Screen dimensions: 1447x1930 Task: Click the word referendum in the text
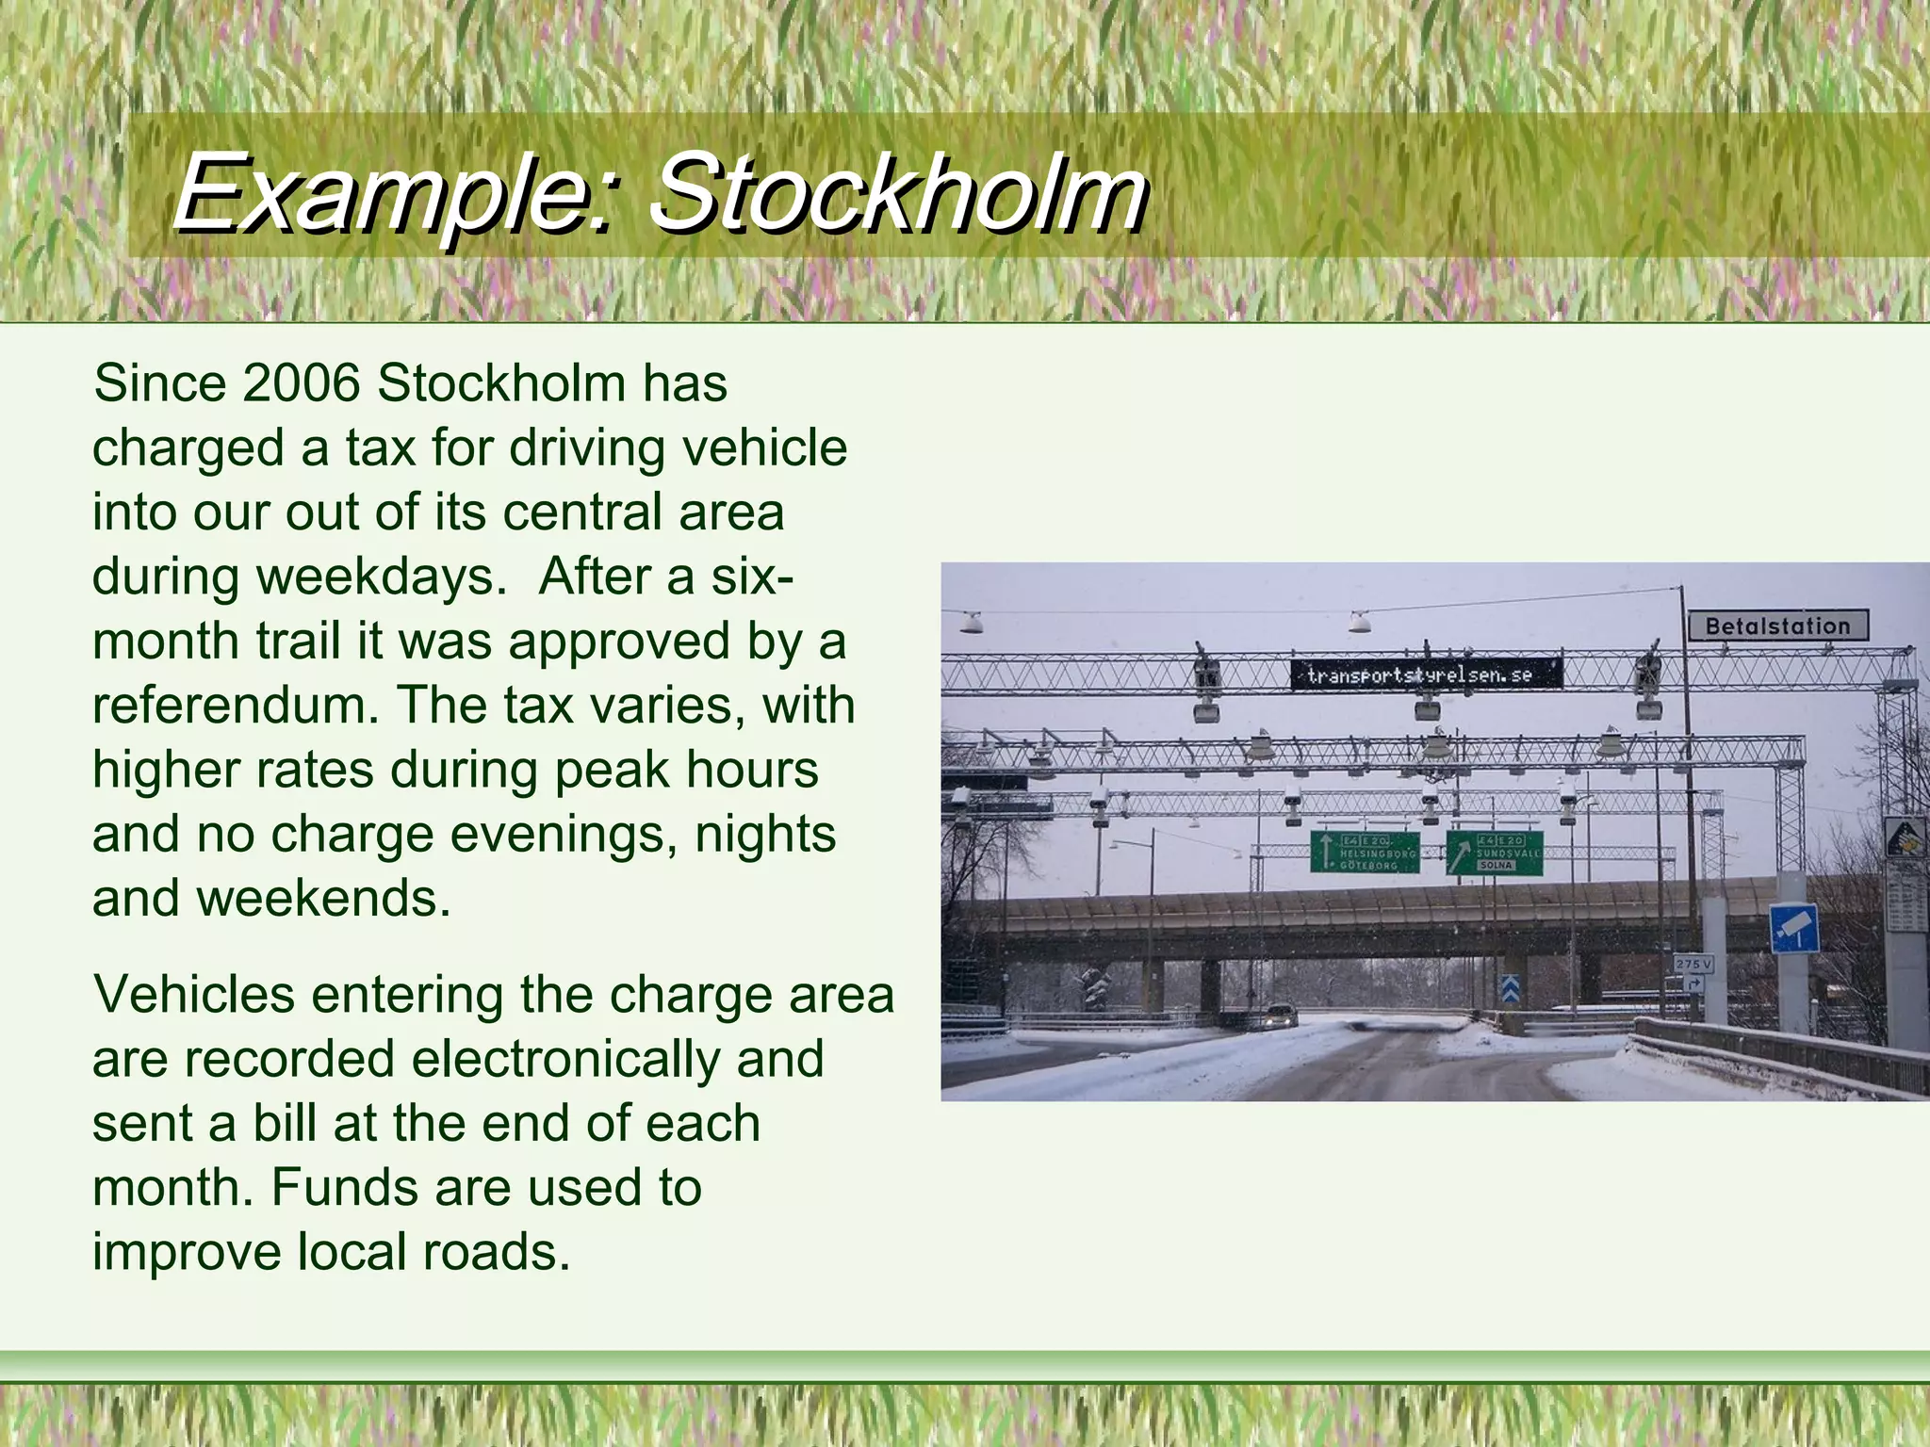(x=235, y=706)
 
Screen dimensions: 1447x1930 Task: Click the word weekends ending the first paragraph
(x=323, y=899)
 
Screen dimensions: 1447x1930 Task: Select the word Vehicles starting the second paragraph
(x=194, y=995)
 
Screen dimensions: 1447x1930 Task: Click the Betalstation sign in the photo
(x=1777, y=626)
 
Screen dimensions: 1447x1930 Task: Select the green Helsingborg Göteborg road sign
(x=1365, y=853)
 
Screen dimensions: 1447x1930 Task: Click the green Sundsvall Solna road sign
(x=1495, y=854)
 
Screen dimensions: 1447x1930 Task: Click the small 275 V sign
(x=1693, y=964)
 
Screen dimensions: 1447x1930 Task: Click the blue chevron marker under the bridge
(x=1509, y=987)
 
